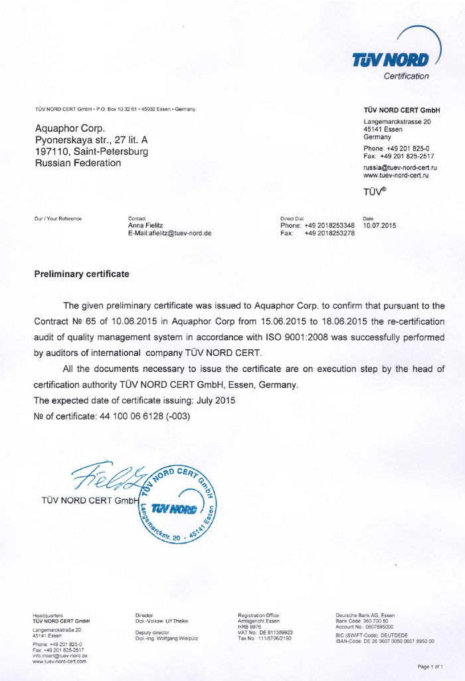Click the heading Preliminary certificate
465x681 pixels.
[82, 274]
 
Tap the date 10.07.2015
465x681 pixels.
[380, 225]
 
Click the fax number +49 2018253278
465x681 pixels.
[330, 233]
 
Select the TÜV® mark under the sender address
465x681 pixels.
[375, 193]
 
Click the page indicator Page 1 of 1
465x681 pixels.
[430, 666]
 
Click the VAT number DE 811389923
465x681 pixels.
[274, 632]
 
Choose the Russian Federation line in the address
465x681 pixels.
[77, 164]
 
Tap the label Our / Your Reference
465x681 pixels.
[58, 218]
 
